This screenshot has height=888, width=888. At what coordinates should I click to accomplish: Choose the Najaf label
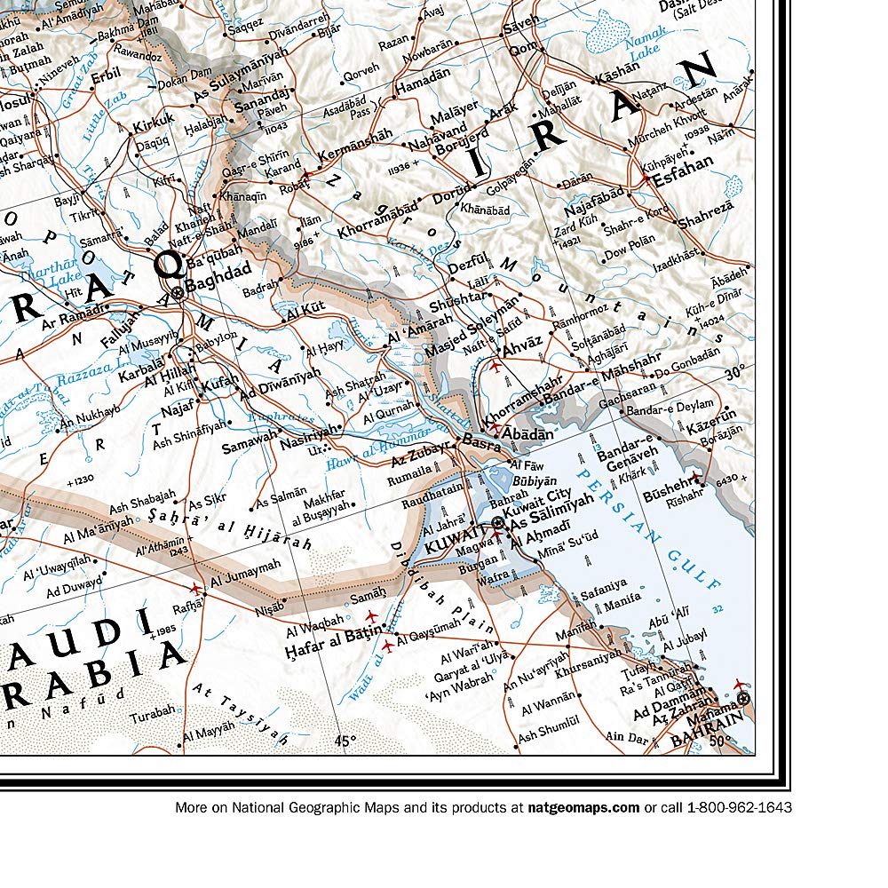click(x=178, y=411)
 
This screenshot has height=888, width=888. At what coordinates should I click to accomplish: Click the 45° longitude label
click(x=345, y=740)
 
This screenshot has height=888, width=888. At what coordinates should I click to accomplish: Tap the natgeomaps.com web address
click(x=583, y=807)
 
